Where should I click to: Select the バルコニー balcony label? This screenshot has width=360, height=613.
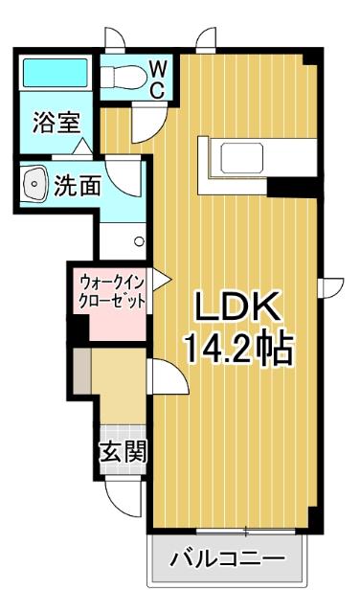coord(228,558)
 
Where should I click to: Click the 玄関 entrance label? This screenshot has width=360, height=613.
coord(124,451)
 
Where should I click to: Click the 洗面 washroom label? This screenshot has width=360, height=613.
coord(77,186)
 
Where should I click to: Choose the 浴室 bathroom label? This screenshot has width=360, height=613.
coord(56,123)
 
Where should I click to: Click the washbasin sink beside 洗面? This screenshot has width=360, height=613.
coord(34,184)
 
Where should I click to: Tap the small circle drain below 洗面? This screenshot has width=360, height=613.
coord(138,241)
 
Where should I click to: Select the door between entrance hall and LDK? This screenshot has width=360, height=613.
coord(166,377)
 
